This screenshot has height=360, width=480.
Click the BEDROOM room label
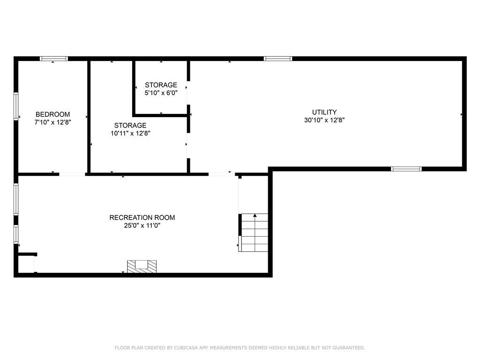pyautogui.click(x=53, y=114)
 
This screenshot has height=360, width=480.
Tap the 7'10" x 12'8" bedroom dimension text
pyautogui.click(x=53, y=122)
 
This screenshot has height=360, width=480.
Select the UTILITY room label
pyautogui.click(x=324, y=112)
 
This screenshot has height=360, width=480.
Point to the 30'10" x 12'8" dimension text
pyautogui.click(x=324, y=120)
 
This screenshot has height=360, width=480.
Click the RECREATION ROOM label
pyautogui.click(x=142, y=217)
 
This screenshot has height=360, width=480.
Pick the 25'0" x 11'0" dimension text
pyautogui.click(x=142, y=225)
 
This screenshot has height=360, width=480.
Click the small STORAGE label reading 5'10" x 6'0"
pyautogui.click(x=161, y=85)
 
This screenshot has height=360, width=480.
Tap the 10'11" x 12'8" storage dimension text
pyautogui.click(x=130, y=133)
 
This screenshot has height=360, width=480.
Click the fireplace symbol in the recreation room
pyautogui.click(x=142, y=266)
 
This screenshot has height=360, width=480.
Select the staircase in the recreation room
pyautogui.click(x=255, y=232)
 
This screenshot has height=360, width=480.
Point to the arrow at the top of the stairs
pyautogui.click(x=255, y=216)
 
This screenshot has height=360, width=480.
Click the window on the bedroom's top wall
pyautogui.click(x=53, y=59)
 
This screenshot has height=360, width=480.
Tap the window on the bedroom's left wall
pyautogui.click(x=16, y=106)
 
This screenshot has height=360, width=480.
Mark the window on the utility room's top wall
pyautogui.click(x=278, y=59)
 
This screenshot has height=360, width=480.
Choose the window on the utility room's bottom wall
pyautogui.click(x=406, y=169)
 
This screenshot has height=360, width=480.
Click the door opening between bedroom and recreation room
pyautogui.click(x=72, y=174)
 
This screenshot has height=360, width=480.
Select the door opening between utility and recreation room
pyautogui.click(x=221, y=174)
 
